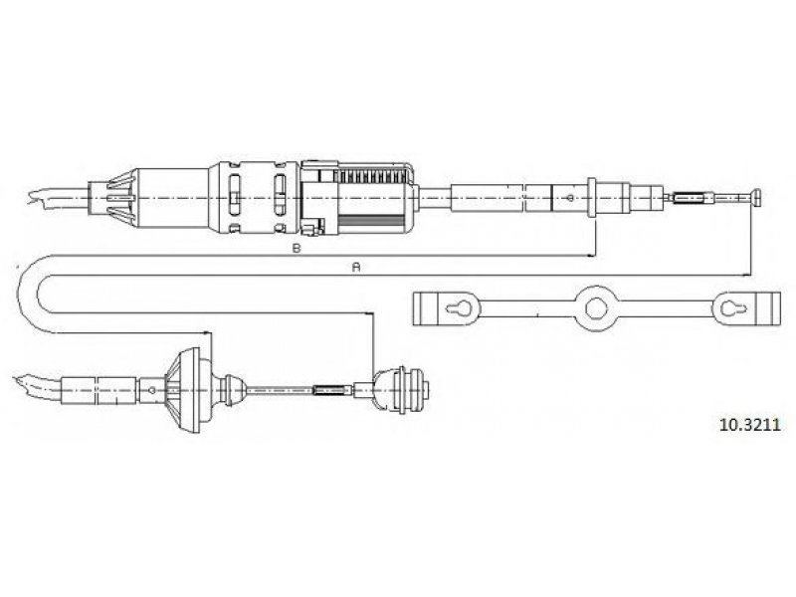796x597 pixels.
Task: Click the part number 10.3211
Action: (749, 425)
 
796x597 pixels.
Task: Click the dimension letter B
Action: (297, 248)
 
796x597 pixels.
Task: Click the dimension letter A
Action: (356, 267)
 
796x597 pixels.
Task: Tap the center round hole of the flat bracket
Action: (596, 308)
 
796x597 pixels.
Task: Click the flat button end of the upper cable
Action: (757, 197)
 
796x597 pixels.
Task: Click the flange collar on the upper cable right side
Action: (591, 197)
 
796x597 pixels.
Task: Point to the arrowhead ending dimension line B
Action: (590, 256)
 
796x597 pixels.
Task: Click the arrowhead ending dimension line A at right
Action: (746, 275)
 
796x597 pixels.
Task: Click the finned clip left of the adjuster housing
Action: (120, 197)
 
